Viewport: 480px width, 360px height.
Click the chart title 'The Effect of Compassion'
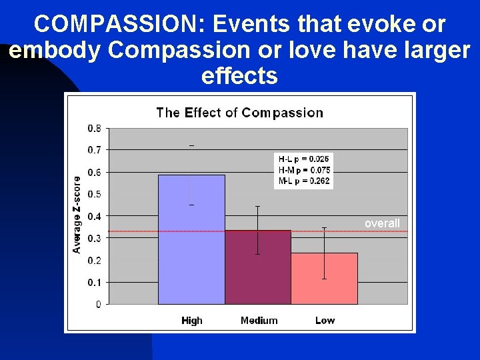239,113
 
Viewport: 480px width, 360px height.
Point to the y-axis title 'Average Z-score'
77,214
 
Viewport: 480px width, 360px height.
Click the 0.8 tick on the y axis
95,128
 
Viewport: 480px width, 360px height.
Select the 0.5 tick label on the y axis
95,194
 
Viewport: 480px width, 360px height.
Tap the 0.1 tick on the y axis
95,282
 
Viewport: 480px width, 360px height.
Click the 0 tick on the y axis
99,304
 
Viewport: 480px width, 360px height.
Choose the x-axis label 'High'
191,321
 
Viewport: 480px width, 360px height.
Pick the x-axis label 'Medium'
259,321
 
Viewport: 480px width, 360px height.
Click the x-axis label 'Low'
325,321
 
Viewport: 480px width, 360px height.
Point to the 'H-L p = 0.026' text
304,159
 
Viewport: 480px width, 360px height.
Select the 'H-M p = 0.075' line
304,170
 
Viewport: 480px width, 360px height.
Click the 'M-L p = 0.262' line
304,181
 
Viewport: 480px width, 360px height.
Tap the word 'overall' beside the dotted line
382,223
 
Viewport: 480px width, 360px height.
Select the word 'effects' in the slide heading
239,76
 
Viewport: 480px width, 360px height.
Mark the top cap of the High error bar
191,145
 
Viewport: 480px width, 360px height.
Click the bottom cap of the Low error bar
325,279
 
